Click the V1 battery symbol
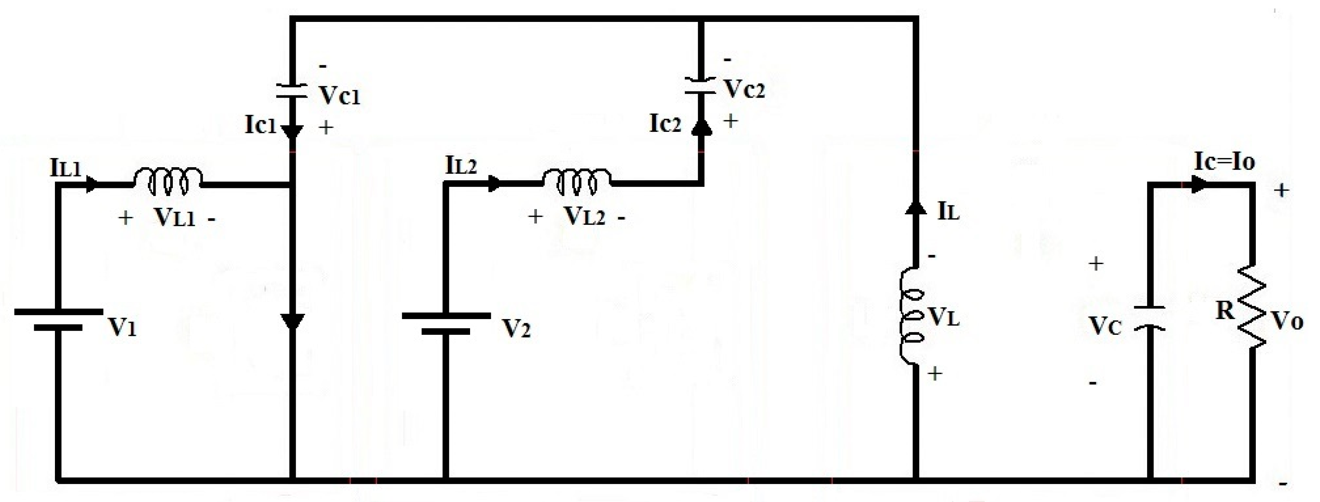coord(58,319)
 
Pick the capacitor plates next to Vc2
coord(700,86)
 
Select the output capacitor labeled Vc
coord(1149,318)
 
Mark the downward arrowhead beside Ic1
coord(292,132)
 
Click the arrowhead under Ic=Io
coord(1199,185)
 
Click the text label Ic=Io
coord(1225,162)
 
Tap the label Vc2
coord(744,90)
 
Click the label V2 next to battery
coord(516,328)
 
